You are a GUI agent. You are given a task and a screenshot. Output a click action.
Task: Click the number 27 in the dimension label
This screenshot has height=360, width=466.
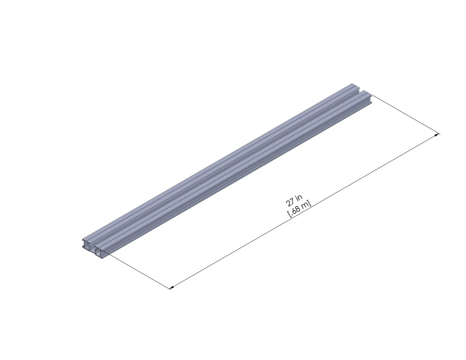[290, 202]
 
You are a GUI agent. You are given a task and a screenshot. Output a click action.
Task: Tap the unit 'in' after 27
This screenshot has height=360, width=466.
[299, 198]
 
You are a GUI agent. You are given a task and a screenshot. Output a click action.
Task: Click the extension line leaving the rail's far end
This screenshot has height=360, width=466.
[406, 114]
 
